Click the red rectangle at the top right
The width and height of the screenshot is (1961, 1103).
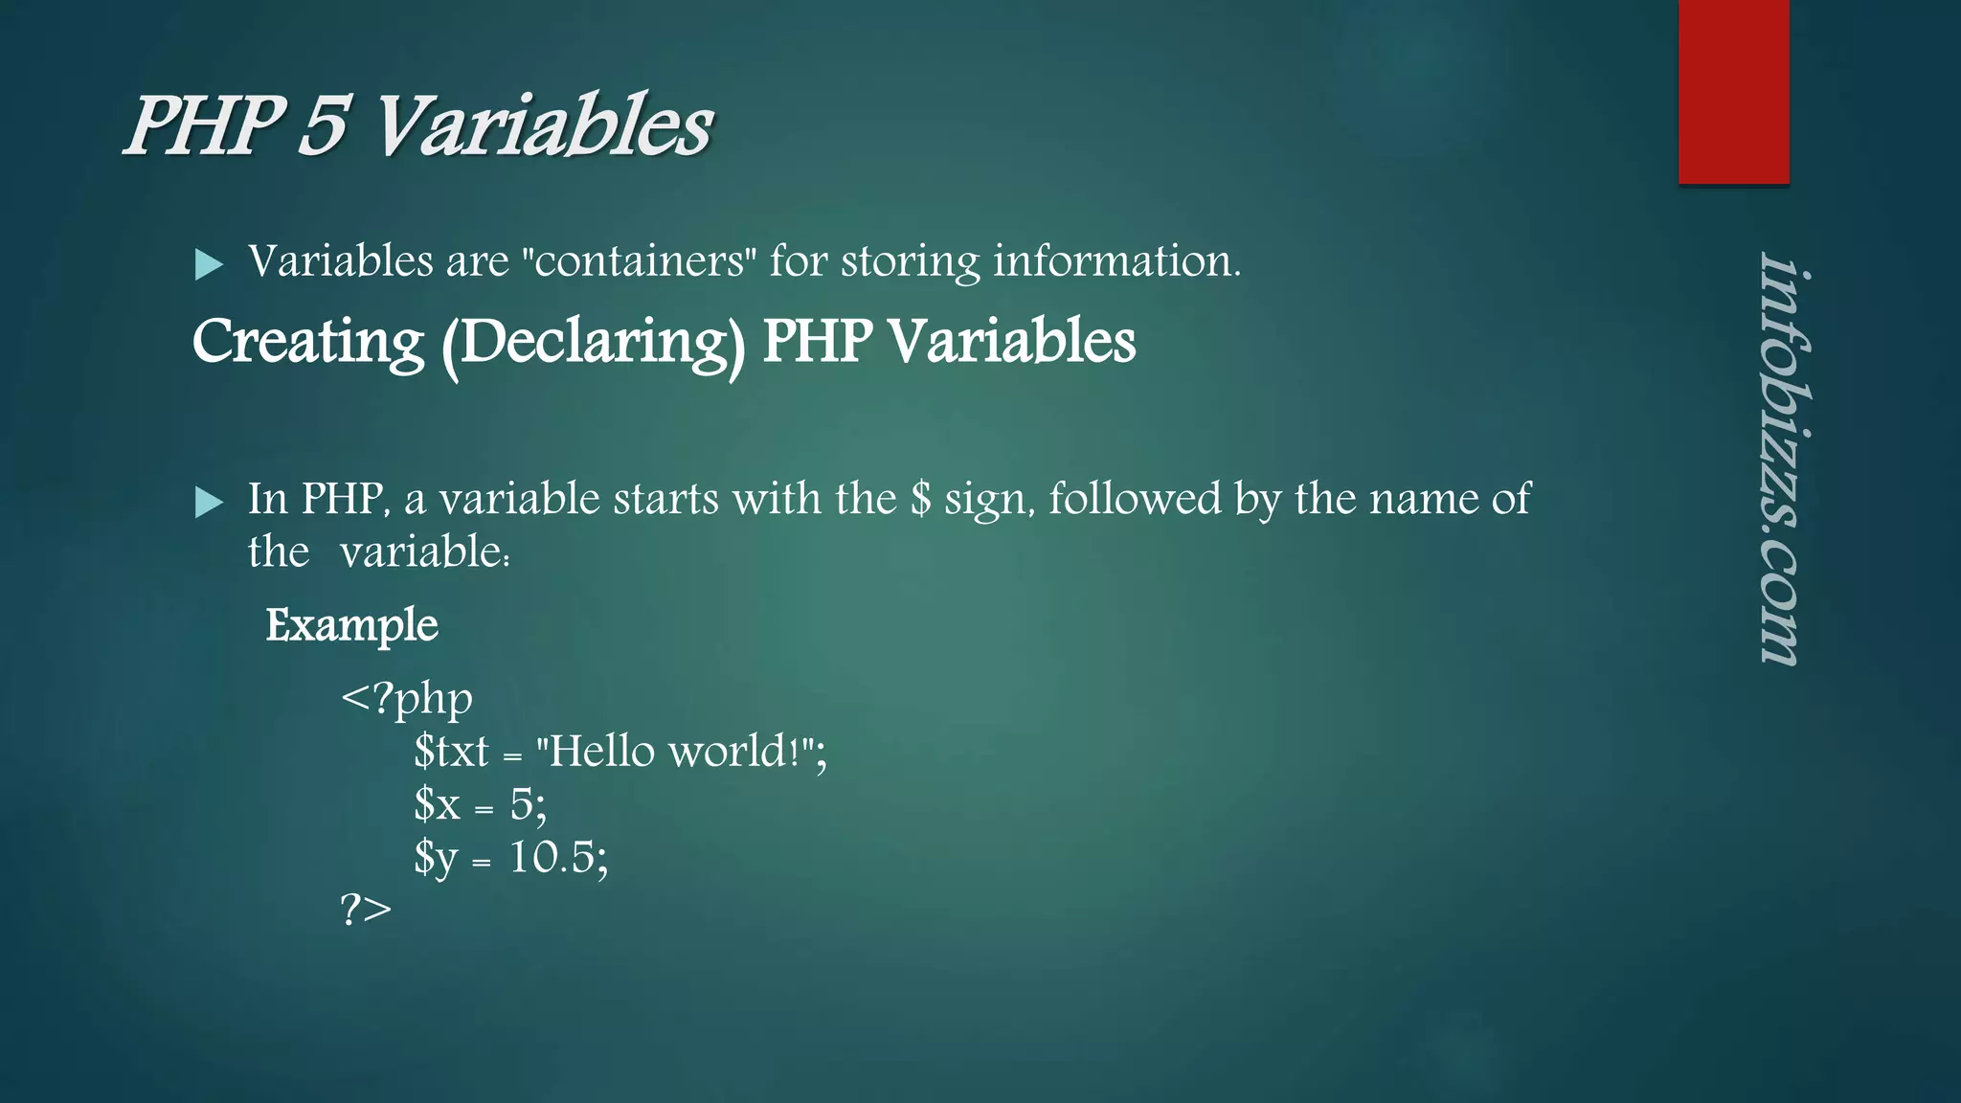pyautogui.click(x=1733, y=91)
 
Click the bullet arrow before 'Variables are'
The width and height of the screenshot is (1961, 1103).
pyautogui.click(x=209, y=263)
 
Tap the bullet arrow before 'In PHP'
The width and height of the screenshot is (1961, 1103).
pyautogui.click(x=209, y=501)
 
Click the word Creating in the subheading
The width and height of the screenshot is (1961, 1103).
pyautogui.click(x=307, y=342)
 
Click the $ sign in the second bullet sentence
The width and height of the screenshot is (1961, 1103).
pyautogui.click(x=920, y=499)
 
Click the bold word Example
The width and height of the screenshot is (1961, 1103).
pyautogui.click(x=351, y=625)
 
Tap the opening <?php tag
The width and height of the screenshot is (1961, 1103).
pyautogui.click(x=406, y=699)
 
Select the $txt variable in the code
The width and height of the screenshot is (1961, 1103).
pyautogui.click(x=451, y=752)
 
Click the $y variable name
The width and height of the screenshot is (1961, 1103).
pyautogui.click(x=436, y=857)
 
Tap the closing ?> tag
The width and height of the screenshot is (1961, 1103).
pyautogui.click(x=366, y=910)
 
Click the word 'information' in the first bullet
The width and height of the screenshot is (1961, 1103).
pyautogui.click(x=1116, y=261)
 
